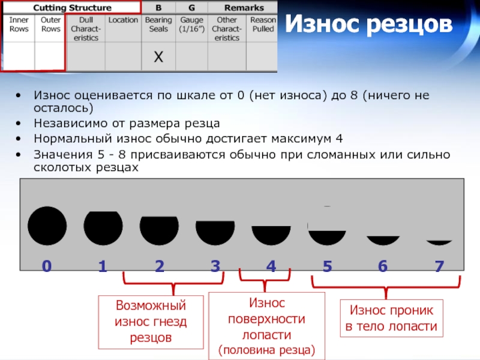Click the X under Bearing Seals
coord(158,57)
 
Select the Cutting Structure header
coord(72,8)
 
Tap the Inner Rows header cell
coord(19,24)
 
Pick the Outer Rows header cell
coord(50,24)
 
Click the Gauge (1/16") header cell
coord(191,24)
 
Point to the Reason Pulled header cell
coord(263,24)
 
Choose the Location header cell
coord(123,20)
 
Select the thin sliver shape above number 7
coord(439,242)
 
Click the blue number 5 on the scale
coord(327,267)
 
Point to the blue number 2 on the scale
coord(159,267)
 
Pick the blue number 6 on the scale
coord(383,267)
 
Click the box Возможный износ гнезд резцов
coord(151,322)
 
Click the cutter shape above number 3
coord(215,230)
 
